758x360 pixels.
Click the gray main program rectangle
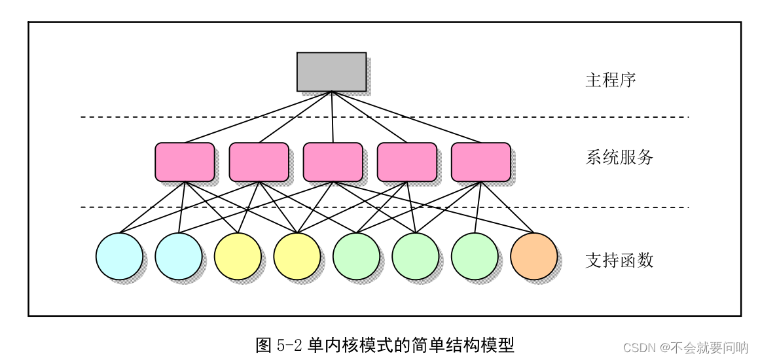coord(331,72)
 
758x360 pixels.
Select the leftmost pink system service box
coord(185,162)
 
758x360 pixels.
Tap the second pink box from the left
coord(259,162)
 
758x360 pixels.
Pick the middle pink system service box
coord(333,162)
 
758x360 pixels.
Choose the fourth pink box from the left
coord(406,162)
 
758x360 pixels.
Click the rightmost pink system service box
coord(480,162)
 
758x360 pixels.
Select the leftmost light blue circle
coord(119,256)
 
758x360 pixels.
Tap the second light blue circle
coord(179,256)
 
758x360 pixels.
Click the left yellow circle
coord(238,256)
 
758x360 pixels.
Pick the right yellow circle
coord(297,256)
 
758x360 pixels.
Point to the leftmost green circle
coord(356,256)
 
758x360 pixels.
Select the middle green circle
coord(416,256)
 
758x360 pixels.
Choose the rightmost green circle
coord(475,256)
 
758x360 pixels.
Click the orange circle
coord(533,256)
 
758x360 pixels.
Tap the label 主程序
coord(610,81)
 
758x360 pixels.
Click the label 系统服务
coord(619,158)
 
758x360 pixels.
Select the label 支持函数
coord(619,261)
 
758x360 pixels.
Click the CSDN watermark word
coord(638,348)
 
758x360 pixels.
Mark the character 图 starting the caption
coord(263,345)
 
